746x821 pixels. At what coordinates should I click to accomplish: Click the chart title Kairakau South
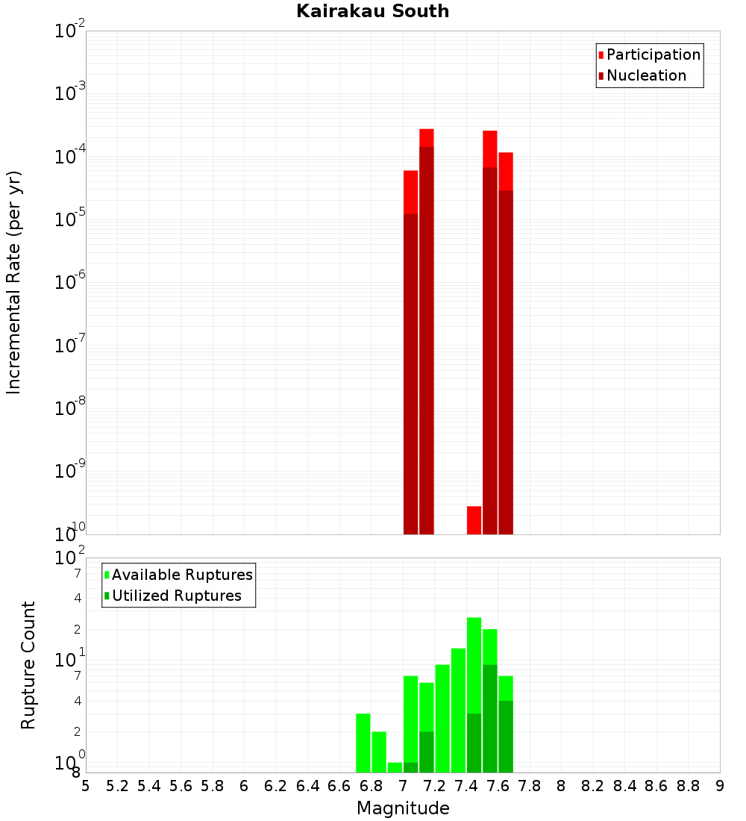click(372, 11)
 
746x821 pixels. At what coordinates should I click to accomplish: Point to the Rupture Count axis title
click(28, 665)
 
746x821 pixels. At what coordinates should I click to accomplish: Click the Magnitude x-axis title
click(403, 808)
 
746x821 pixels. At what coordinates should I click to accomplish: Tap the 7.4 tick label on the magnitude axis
click(466, 785)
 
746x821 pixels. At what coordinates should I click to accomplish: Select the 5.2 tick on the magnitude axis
click(118, 785)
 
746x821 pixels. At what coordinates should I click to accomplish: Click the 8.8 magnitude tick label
click(688, 785)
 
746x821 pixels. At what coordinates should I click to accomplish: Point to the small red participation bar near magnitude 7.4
click(474, 519)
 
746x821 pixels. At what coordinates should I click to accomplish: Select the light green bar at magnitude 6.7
click(363, 743)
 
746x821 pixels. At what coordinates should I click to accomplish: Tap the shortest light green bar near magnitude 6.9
click(395, 767)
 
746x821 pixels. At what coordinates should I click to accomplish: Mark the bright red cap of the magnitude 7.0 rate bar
click(410, 192)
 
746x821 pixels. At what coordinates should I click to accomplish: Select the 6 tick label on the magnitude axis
click(244, 785)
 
